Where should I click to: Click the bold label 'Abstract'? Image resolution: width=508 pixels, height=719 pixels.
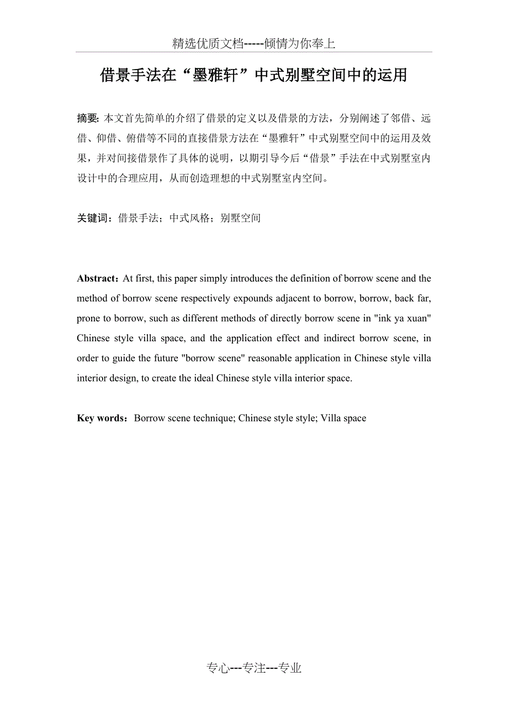click(x=96, y=278)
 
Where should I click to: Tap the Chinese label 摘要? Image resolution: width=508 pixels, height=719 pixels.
click(x=87, y=118)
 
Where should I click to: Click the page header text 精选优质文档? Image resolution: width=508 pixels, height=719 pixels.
click(x=208, y=44)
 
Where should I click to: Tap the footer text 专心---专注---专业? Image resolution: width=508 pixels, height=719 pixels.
click(x=254, y=668)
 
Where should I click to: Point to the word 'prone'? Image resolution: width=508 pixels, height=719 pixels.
click(x=89, y=318)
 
